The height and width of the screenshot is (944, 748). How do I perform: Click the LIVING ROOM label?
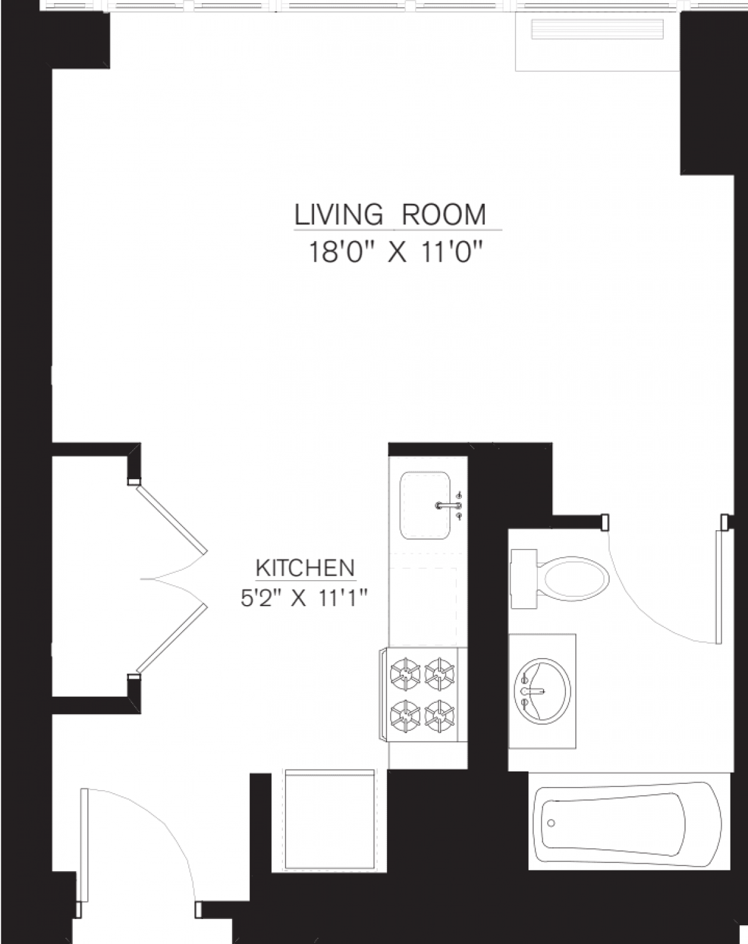(x=390, y=215)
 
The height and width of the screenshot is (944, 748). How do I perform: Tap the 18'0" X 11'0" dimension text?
(x=396, y=254)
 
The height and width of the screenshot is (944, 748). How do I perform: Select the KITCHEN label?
(x=305, y=568)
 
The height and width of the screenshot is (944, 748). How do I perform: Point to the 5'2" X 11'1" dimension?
(x=302, y=599)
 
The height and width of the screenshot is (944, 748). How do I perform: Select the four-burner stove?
(x=422, y=694)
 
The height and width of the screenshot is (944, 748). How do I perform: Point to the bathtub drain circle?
(x=550, y=822)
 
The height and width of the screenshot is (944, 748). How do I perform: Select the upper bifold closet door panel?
(x=171, y=518)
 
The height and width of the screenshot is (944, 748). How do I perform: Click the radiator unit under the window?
(x=597, y=31)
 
